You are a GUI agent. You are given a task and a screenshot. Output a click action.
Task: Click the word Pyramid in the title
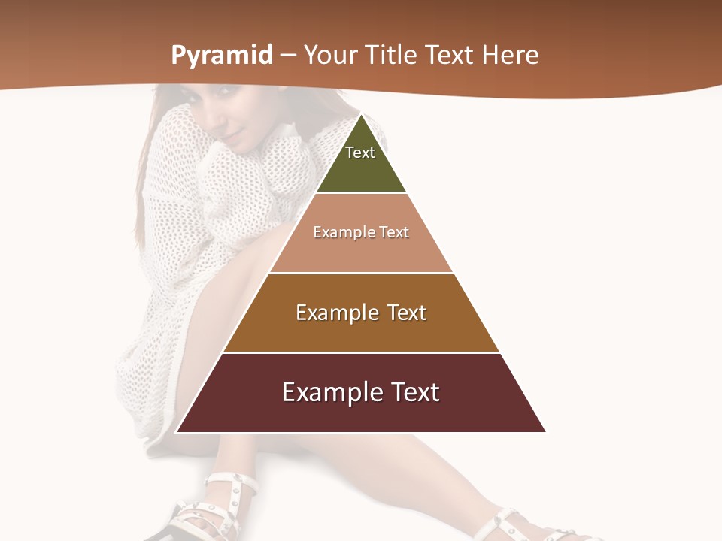[x=222, y=56]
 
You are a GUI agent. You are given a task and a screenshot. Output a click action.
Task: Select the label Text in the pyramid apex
[x=360, y=153]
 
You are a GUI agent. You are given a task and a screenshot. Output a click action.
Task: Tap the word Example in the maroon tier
[x=329, y=392]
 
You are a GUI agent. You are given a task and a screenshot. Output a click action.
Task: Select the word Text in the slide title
[x=449, y=56]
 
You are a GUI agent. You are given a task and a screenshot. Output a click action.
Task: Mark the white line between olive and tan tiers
[x=361, y=193]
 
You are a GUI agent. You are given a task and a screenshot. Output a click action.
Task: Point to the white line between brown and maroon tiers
[x=361, y=352]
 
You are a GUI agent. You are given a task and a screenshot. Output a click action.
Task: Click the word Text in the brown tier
[x=407, y=313]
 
